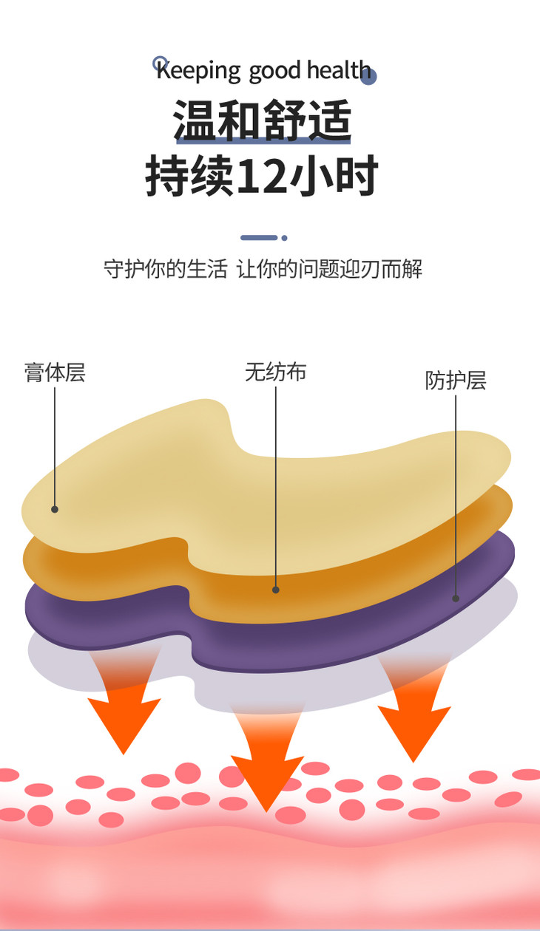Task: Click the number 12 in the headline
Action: pos(261,177)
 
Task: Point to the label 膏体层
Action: pos(55,372)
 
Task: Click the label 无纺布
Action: pos(275,372)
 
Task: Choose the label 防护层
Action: pos(456,381)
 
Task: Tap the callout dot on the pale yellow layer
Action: pos(55,509)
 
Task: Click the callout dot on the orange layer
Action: pos(276,590)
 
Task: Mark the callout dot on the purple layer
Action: pos(456,598)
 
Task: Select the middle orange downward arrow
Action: pos(267,772)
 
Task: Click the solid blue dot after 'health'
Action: pos(369,77)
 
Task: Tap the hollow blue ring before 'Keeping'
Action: pos(159,63)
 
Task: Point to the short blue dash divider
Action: pos(259,238)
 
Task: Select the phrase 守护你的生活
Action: pos(165,269)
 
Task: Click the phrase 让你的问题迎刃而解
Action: pos(329,269)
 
